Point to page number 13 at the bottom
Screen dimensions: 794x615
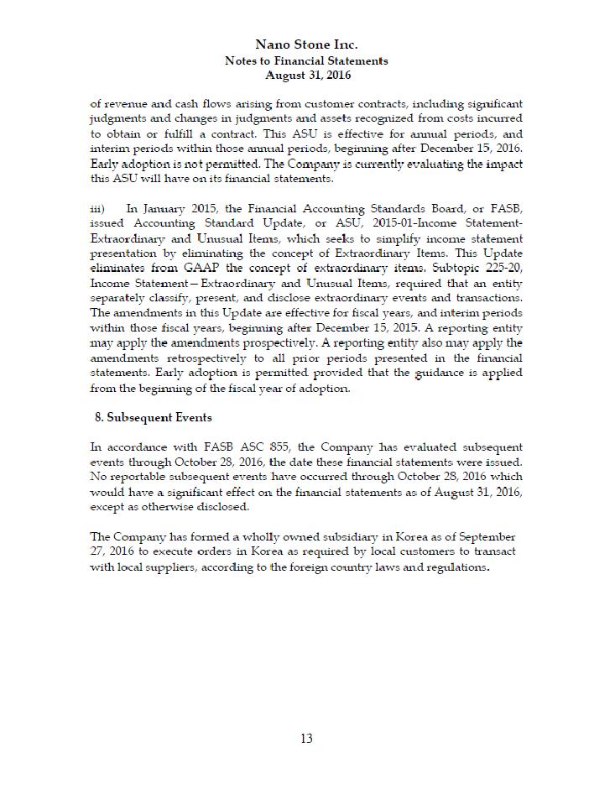306,739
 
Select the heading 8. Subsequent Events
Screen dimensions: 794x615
154,417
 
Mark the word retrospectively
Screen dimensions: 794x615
195,358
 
